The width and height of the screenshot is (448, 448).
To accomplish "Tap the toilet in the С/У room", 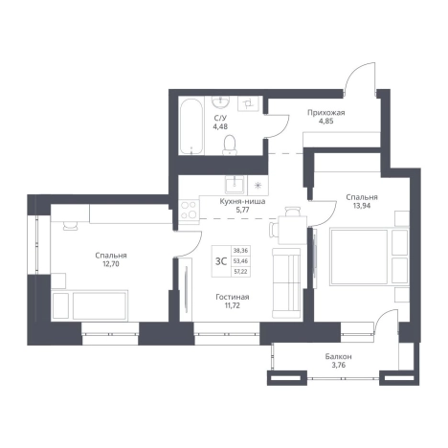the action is pos(230,145).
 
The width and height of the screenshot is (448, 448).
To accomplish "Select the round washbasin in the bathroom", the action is pos(220,101).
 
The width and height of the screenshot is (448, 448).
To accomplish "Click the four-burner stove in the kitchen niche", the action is pos(189,210).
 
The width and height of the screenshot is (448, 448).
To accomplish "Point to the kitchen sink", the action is pos(235,185).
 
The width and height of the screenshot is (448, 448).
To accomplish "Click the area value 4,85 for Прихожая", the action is pos(325,122).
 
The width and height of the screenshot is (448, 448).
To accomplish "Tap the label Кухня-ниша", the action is pos(242,202).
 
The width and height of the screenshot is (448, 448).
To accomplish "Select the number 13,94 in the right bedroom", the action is pos(362,206).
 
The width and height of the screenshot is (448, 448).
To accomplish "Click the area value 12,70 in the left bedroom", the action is pos(111,264).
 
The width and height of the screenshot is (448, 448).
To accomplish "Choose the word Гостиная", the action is pos(233,297).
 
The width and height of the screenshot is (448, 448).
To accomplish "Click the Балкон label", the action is pos(339,356).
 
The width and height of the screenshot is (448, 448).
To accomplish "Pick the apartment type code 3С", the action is pos(221,261).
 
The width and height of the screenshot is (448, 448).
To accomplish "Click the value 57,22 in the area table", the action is pos(240,272).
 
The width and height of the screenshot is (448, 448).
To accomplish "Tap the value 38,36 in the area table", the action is pos(240,251).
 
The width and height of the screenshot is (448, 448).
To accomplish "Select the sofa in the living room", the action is pos(286,283).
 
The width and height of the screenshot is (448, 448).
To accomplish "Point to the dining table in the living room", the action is pos(292,230).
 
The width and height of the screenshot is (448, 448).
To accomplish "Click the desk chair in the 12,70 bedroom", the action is pos(70,226).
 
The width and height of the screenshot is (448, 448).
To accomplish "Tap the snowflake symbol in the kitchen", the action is pos(258,186).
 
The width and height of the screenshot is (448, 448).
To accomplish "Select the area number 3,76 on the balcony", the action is pos(339,366).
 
